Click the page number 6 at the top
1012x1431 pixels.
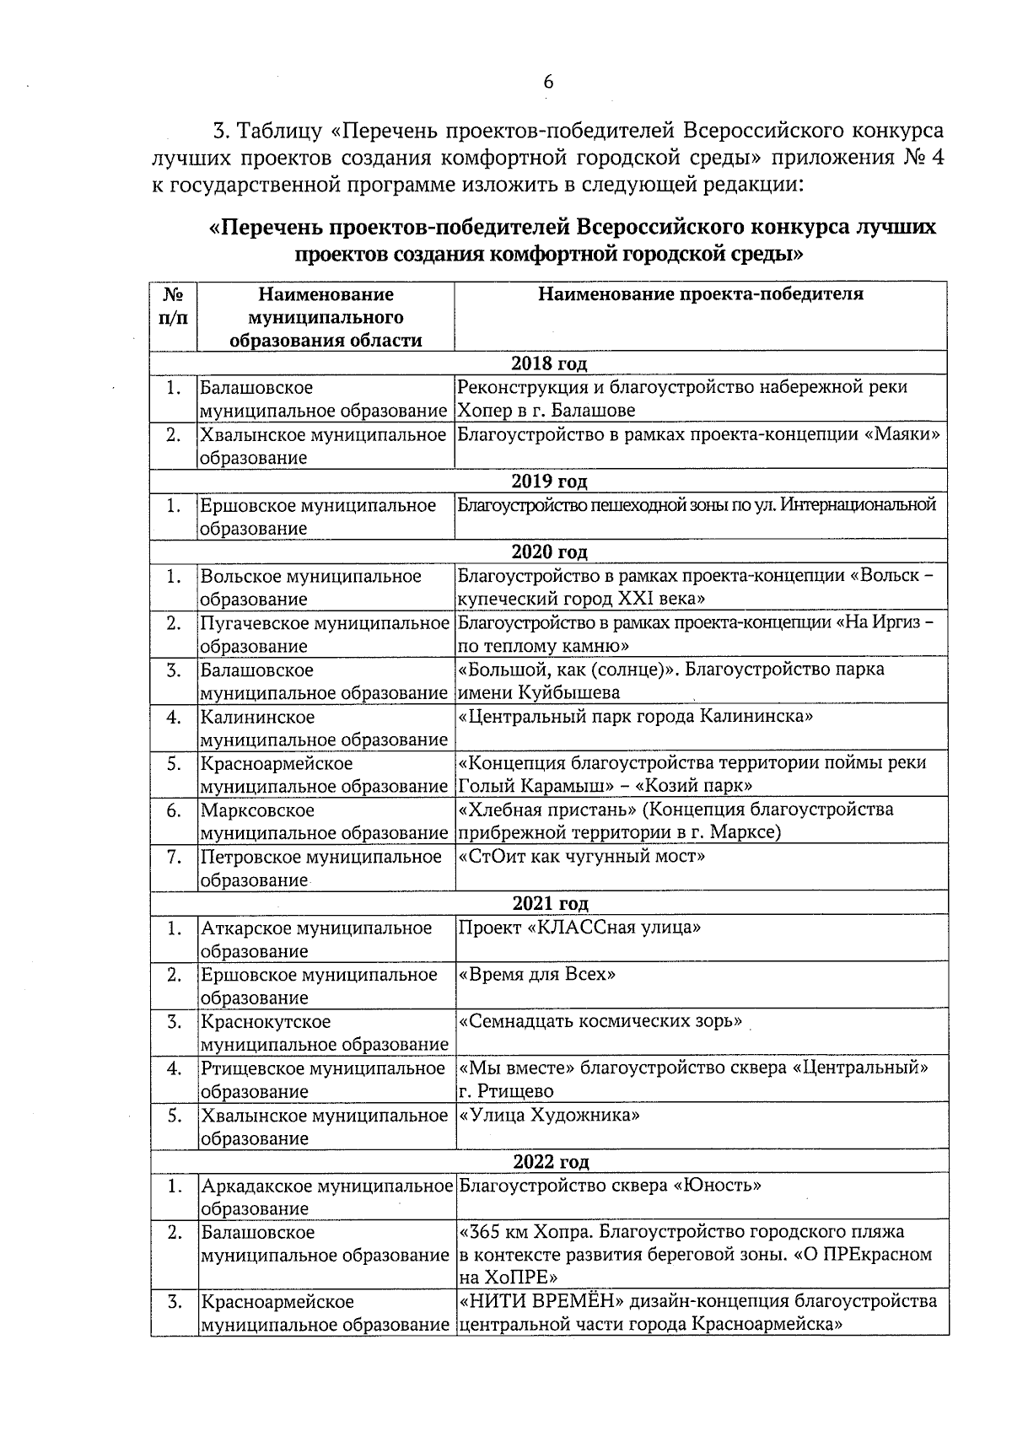[x=547, y=82]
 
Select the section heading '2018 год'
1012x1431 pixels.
[x=548, y=363]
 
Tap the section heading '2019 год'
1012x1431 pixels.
[x=548, y=481]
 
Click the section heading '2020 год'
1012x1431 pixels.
[x=548, y=551]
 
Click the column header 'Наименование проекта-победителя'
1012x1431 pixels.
[x=700, y=294]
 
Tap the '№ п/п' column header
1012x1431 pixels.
[x=173, y=306]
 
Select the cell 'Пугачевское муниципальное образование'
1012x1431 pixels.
[x=324, y=635]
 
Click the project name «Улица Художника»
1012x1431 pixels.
[x=549, y=1116]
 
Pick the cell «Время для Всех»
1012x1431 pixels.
[x=536, y=975]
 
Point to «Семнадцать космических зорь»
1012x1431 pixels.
[x=600, y=1021]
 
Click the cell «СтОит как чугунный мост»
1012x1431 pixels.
[x=581, y=857]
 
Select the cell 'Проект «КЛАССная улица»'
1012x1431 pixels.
[x=579, y=928]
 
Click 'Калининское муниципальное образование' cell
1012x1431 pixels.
[x=324, y=728]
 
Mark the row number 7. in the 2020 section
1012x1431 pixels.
[x=174, y=858]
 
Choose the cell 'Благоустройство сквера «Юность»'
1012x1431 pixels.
[x=610, y=1186]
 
